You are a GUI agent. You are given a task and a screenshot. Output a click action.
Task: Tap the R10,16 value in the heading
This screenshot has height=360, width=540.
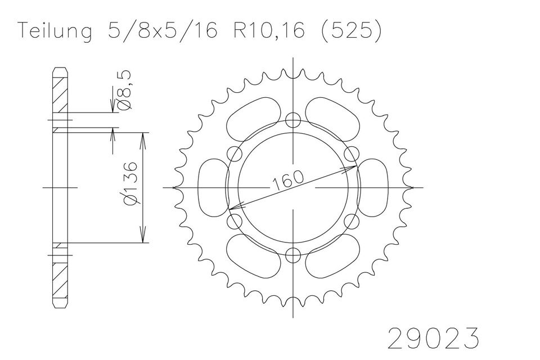(x=269, y=30)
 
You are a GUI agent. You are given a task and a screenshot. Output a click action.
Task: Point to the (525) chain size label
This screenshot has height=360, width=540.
(x=351, y=30)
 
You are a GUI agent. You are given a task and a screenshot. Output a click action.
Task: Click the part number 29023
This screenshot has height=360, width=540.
(x=433, y=338)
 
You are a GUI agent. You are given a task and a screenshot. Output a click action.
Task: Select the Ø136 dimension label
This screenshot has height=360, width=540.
(x=132, y=183)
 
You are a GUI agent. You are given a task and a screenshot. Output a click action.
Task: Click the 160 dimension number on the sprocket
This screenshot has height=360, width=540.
(x=289, y=180)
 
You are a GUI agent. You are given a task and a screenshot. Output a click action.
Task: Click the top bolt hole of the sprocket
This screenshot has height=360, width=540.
(x=293, y=120)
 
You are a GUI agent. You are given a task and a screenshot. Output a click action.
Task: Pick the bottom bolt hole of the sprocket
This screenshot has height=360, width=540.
(x=293, y=255)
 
